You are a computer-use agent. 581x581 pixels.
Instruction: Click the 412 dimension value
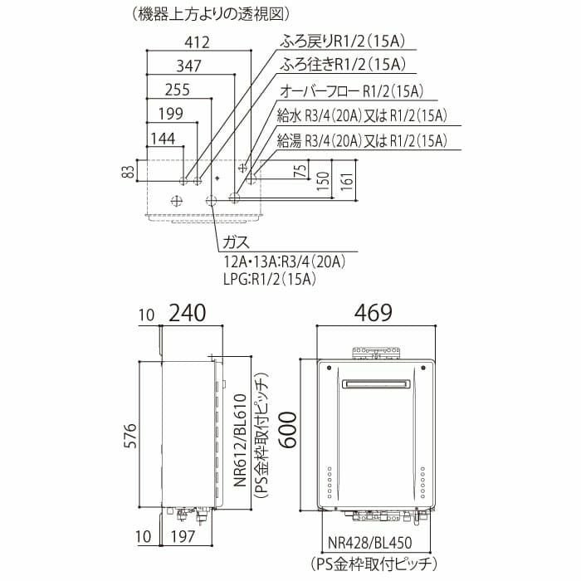[198, 42]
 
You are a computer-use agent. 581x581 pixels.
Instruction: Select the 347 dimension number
[188, 66]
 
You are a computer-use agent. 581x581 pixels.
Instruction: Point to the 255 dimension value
[177, 90]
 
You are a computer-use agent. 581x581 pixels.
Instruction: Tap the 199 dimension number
[171, 114]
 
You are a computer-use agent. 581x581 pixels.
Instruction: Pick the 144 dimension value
[163, 139]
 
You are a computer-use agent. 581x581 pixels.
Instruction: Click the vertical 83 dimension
[128, 171]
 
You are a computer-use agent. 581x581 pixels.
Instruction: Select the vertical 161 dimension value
[349, 180]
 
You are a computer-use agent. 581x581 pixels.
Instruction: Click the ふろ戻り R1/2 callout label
[342, 41]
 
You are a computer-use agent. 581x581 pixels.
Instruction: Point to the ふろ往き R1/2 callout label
[342, 65]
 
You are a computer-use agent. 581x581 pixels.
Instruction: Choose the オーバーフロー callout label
[352, 90]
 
